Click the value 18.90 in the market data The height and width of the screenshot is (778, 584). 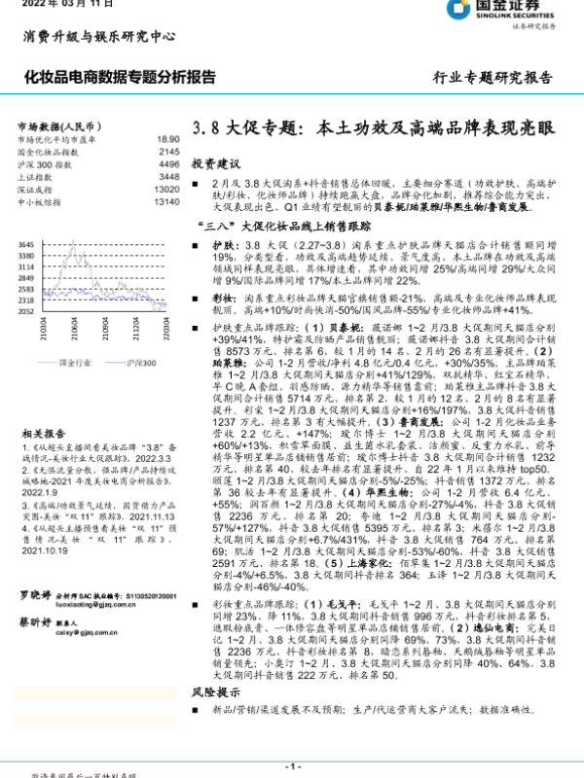click(167, 140)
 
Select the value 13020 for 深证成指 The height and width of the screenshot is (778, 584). click(166, 190)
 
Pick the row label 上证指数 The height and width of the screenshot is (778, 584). click(36, 178)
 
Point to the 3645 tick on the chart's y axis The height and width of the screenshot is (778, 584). click(26, 244)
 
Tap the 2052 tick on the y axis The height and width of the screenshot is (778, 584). click(26, 311)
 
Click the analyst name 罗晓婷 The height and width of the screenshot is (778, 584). click(37, 591)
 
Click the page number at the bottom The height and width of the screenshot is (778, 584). click(291, 767)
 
